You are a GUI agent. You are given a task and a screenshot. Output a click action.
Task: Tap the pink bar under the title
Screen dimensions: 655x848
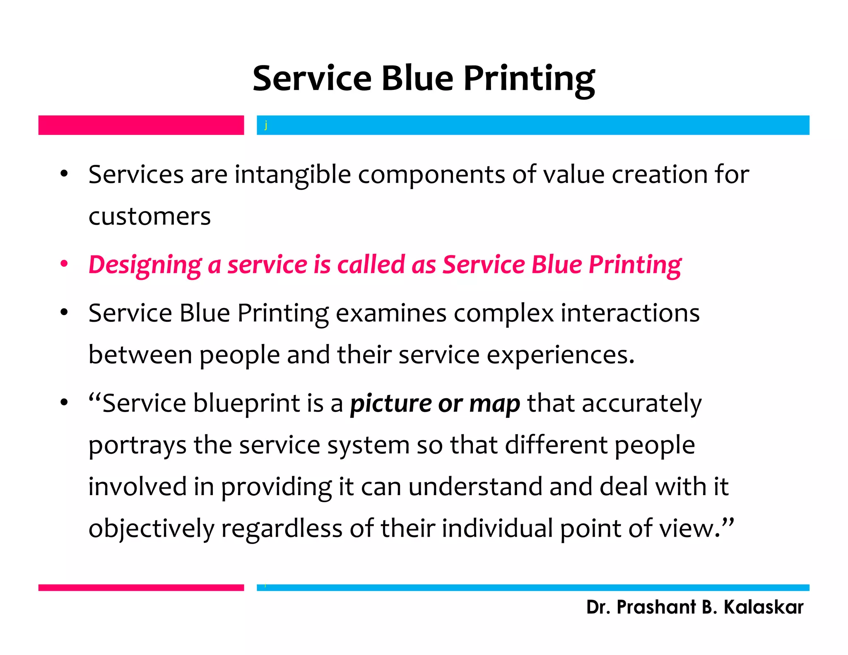pyautogui.click(x=141, y=125)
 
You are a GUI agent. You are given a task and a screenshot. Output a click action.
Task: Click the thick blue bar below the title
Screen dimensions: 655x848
pyautogui.click(x=532, y=125)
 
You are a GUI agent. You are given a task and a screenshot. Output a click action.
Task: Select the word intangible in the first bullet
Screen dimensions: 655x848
pyautogui.click(x=293, y=175)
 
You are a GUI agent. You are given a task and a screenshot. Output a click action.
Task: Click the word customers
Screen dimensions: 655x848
pyautogui.click(x=149, y=217)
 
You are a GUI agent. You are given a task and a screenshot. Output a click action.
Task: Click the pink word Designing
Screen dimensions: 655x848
pyautogui.click(x=145, y=265)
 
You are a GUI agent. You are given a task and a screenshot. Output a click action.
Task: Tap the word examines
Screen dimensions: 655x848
pyautogui.click(x=391, y=313)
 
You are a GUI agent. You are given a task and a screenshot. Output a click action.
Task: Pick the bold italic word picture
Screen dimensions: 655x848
pyautogui.click(x=390, y=404)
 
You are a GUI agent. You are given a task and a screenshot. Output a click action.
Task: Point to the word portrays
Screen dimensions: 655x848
pyautogui.click(x=137, y=446)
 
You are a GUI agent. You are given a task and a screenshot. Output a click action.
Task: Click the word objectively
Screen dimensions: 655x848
pyautogui.click(x=151, y=529)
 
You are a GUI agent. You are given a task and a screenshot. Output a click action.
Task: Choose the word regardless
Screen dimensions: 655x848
pyautogui.click(x=282, y=529)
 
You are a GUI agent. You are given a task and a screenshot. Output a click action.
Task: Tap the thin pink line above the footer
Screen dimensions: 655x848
pyautogui.click(x=141, y=588)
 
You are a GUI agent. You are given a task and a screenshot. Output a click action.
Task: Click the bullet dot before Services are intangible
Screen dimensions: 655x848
pyautogui.click(x=64, y=174)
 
